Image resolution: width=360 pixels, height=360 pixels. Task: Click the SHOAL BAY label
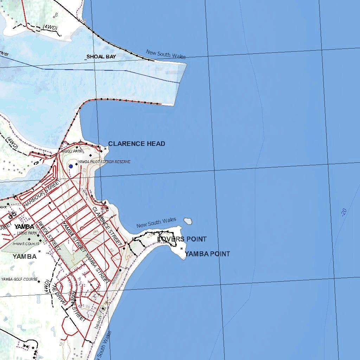click(x=101, y=56)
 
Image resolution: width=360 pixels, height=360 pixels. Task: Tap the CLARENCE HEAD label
click(x=136, y=143)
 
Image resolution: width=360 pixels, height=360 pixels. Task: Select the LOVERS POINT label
click(x=182, y=239)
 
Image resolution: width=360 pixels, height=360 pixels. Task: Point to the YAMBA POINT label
click(x=207, y=254)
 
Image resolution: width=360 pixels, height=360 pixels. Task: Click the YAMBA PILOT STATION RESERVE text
click(x=104, y=162)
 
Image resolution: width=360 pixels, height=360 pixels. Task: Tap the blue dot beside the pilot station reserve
click(x=71, y=166)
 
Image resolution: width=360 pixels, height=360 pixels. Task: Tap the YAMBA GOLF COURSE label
click(x=19, y=279)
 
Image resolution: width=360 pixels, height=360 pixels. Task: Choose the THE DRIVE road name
click(x=58, y=294)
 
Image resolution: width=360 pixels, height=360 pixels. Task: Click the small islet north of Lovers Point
click(x=188, y=221)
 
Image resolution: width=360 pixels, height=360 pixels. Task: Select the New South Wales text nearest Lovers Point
click(x=156, y=223)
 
